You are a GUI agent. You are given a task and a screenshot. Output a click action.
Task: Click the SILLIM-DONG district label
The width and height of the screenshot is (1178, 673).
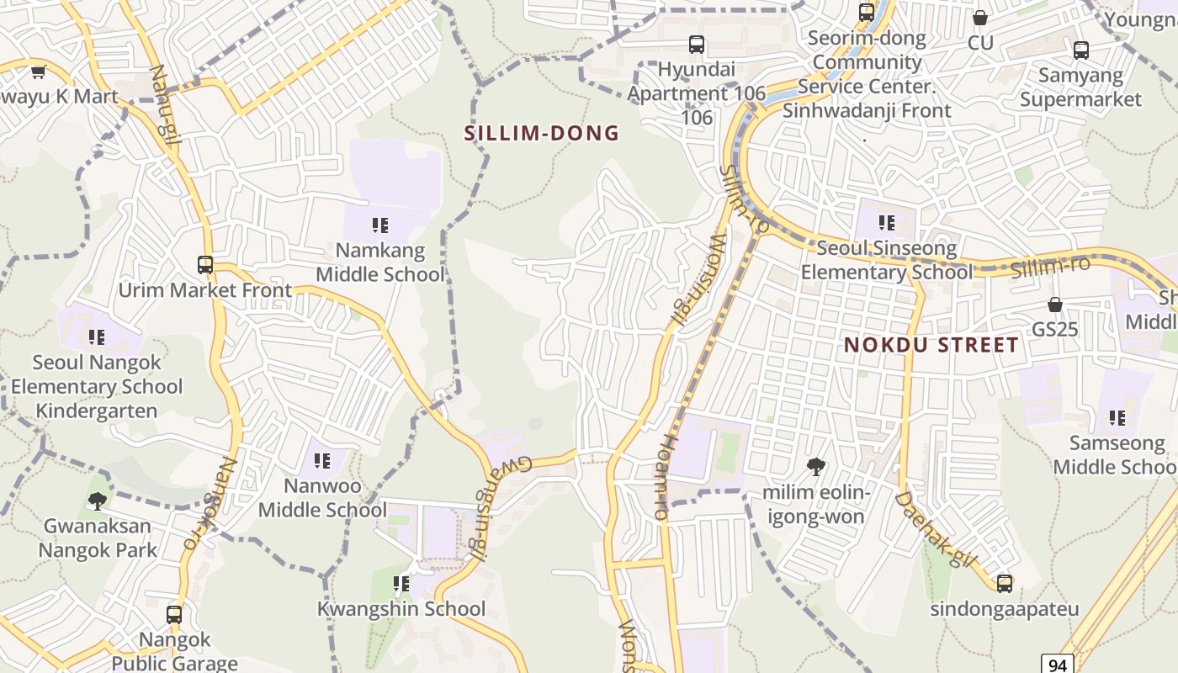point(542,133)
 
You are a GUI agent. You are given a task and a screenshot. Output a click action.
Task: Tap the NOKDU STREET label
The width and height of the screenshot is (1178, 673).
point(931,345)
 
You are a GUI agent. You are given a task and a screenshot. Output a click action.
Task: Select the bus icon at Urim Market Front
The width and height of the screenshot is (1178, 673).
point(204,264)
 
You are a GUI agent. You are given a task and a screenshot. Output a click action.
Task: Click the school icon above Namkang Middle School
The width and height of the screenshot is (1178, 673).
point(379,225)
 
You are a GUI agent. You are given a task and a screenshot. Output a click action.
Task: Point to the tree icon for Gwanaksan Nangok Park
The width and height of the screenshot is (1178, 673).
point(98,501)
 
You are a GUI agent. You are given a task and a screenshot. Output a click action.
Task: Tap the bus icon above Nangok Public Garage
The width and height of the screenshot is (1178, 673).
point(173,614)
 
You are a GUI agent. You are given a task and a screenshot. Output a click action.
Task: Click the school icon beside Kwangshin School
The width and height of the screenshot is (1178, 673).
point(401,583)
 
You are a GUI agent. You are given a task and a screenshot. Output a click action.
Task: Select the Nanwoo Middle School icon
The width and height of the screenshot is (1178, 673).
point(322,460)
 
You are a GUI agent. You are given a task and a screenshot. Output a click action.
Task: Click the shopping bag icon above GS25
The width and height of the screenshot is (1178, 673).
point(1055,304)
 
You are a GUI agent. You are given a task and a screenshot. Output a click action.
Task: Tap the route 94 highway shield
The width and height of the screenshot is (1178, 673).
point(1058,664)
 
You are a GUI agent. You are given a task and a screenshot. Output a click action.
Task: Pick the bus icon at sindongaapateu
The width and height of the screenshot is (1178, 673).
point(1004,583)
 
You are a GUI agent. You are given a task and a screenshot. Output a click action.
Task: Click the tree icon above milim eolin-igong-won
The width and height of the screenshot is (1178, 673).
point(815,466)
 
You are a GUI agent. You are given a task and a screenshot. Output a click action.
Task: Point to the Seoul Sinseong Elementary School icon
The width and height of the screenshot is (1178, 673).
point(886,223)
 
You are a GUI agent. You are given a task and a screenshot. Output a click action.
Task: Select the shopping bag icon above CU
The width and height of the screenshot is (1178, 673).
point(980,18)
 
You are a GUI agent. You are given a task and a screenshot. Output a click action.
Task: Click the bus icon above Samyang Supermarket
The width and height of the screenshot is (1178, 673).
point(1081,50)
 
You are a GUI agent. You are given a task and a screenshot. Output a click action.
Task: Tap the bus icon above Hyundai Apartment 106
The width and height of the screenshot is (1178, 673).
point(696,45)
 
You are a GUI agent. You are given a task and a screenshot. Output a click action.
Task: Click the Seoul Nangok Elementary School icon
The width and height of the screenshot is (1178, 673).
point(97,337)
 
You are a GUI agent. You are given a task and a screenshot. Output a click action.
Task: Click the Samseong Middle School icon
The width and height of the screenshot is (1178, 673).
point(1117,417)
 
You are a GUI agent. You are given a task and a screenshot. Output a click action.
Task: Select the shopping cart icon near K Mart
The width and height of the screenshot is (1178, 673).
point(38,72)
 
